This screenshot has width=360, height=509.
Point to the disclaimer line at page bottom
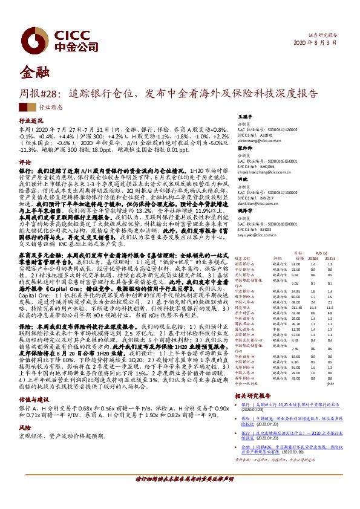coord(180,495)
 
